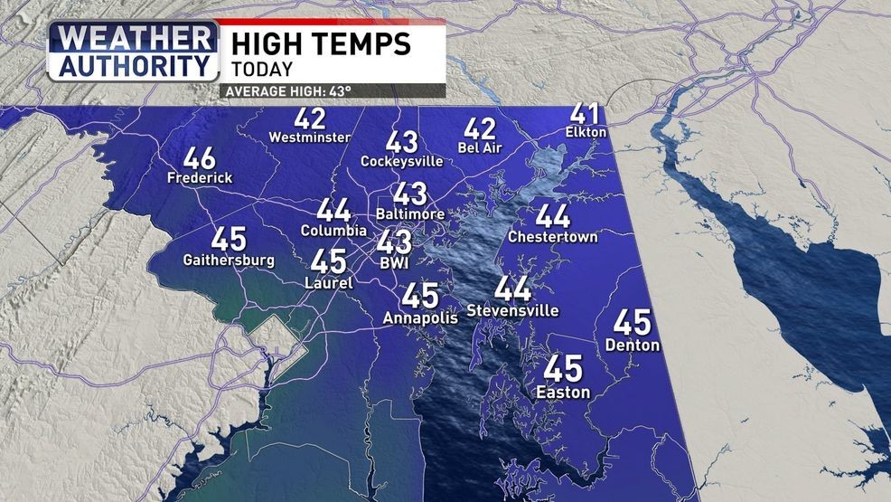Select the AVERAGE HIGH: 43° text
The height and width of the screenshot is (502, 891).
click(x=287, y=91)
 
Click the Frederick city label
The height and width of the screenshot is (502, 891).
click(x=200, y=178)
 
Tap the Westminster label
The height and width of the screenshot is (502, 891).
click(x=310, y=137)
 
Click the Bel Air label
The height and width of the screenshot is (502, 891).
click(x=480, y=147)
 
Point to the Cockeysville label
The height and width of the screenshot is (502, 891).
click(x=402, y=161)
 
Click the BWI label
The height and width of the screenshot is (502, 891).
click(x=394, y=261)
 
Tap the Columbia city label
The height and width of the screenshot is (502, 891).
click(x=333, y=231)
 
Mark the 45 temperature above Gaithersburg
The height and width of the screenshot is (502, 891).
click(x=229, y=240)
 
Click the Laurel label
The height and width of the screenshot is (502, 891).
click(x=329, y=282)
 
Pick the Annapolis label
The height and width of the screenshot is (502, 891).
click(x=420, y=317)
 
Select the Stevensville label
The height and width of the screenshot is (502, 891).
click(x=512, y=310)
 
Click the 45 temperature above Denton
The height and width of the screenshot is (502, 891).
click(x=633, y=323)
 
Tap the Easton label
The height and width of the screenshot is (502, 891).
click(x=563, y=392)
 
